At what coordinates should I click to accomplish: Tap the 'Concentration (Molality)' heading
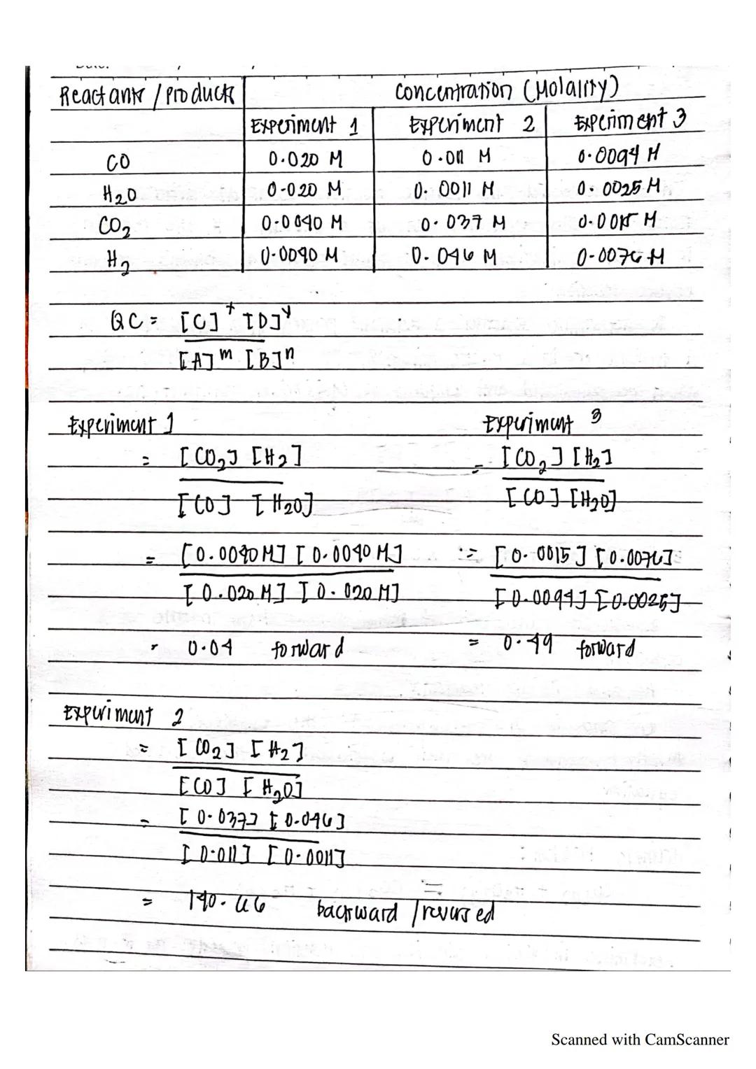coord(507,90)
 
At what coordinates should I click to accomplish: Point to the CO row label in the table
coord(117,162)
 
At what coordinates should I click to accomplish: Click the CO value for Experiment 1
coord(305,159)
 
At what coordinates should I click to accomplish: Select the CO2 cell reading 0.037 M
coord(463,223)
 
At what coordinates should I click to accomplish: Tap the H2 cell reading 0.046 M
coord(454,257)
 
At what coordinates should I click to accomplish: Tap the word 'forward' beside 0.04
coord(307,649)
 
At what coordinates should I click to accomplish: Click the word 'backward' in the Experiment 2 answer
coord(356,912)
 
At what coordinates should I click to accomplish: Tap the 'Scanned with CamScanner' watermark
coord(640,1040)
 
